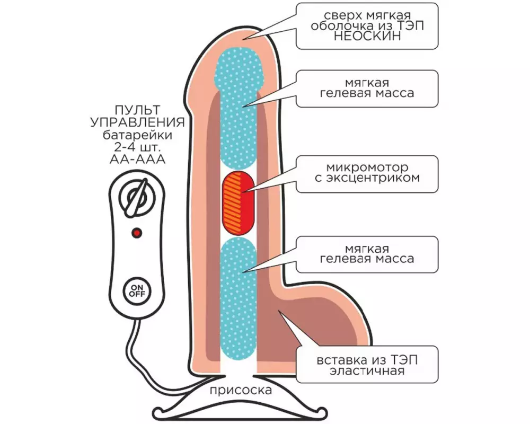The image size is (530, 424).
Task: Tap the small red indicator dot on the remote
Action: coord(137,233)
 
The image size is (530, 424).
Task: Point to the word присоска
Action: coord(241,391)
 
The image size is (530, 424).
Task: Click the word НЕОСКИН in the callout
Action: coord(367,37)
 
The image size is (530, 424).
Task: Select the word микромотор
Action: coord(367,167)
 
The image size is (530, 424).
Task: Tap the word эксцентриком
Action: coord(367,178)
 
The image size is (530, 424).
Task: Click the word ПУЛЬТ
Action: coord(137,110)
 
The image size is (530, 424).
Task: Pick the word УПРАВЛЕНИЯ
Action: coord(138,122)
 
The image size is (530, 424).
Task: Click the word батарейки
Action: coord(138,135)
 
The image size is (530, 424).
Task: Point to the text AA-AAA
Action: coord(138,159)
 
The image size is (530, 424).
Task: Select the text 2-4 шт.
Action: coord(138,147)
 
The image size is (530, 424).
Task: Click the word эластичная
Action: coord(367,371)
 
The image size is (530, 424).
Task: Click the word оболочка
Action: coord(339,26)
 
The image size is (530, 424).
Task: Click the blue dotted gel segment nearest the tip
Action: coord(238,108)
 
